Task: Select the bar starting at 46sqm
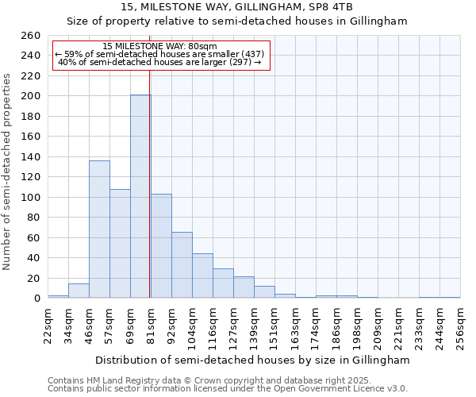tap(99, 229)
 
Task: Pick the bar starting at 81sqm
tap(161, 246)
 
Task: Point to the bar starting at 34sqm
tap(79, 291)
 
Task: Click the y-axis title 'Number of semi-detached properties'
tap(8, 172)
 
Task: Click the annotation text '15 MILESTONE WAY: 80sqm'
tap(160, 47)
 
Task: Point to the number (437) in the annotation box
tap(252, 54)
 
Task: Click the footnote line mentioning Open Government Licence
tap(228, 389)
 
